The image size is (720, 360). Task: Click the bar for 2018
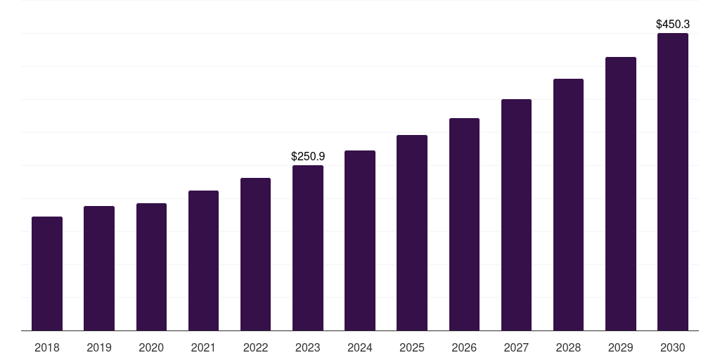pos(47,274)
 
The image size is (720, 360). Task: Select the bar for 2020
pos(151,267)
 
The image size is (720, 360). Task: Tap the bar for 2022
pos(255,255)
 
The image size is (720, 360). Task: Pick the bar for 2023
pos(308,248)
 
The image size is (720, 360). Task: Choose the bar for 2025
pos(412,233)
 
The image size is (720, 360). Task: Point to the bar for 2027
pos(516,215)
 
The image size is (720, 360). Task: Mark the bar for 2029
pos(621,194)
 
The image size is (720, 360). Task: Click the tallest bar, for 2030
pos(673,182)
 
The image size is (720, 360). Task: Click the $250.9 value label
pos(308,156)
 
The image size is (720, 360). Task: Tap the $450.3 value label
pos(673,24)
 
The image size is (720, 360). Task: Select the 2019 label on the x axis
pos(99,347)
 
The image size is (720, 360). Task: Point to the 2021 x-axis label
pos(203,347)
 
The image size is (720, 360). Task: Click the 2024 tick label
pos(360,347)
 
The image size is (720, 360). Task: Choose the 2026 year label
pos(464,347)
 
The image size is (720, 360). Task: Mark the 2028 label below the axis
pos(568,347)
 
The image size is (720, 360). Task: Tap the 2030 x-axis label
pos(673,347)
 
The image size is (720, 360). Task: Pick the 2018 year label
pos(47,347)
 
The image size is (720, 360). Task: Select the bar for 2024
pos(360,240)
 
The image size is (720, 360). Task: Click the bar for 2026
pos(464,224)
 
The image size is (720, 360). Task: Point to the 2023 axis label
pos(308,347)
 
